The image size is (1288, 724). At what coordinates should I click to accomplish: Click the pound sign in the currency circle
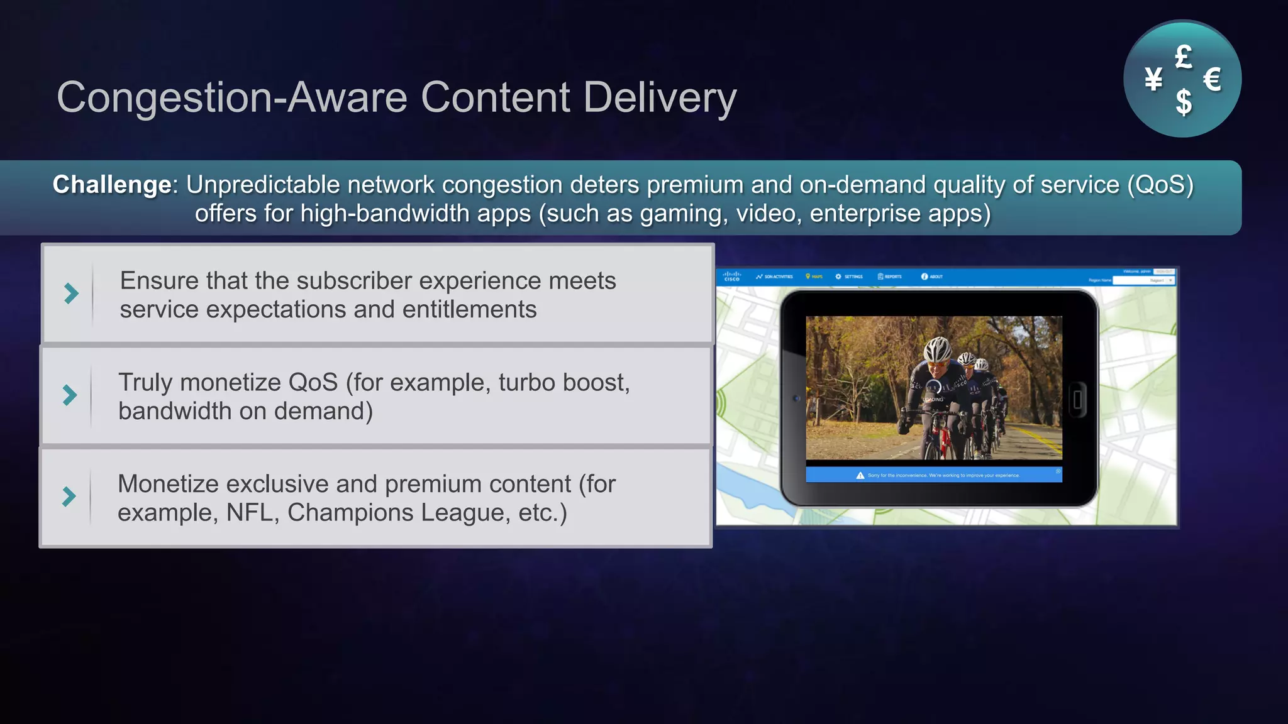(1184, 57)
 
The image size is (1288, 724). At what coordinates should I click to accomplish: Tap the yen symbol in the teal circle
(1153, 79)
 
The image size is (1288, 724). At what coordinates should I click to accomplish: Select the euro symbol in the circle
(1212, 80)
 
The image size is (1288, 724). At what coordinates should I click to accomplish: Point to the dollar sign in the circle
(1184, 102)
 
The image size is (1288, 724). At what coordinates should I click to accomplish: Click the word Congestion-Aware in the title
(232, 97)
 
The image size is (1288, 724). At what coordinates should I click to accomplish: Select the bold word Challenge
(112, 185)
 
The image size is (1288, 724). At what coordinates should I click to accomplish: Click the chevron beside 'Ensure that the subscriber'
(71, 293)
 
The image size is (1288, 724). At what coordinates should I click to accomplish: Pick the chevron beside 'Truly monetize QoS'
(70, 395)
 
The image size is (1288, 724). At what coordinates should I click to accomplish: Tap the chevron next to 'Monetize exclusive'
(69, 496)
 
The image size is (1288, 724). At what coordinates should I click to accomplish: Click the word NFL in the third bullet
(249, 513)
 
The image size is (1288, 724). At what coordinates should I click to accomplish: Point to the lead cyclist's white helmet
(938, 349)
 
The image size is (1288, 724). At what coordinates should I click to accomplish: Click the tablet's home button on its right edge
(1077, 398)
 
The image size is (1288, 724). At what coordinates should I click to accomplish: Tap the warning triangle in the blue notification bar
(860, 475)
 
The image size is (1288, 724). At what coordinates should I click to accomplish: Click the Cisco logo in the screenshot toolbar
(732, 276)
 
